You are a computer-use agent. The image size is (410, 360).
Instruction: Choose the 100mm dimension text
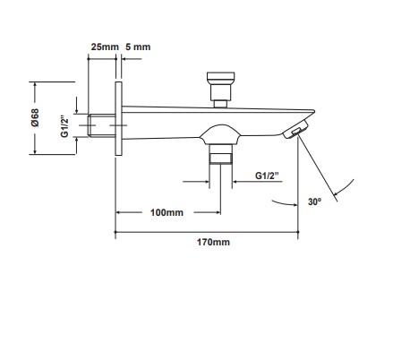[x=167, y=213]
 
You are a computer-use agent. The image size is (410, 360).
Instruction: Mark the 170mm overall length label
[x=212, y=243]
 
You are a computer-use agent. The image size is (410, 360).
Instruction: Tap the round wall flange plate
[x=116, y=118]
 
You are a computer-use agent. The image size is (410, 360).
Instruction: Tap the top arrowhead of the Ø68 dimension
[x=34, y=85]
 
